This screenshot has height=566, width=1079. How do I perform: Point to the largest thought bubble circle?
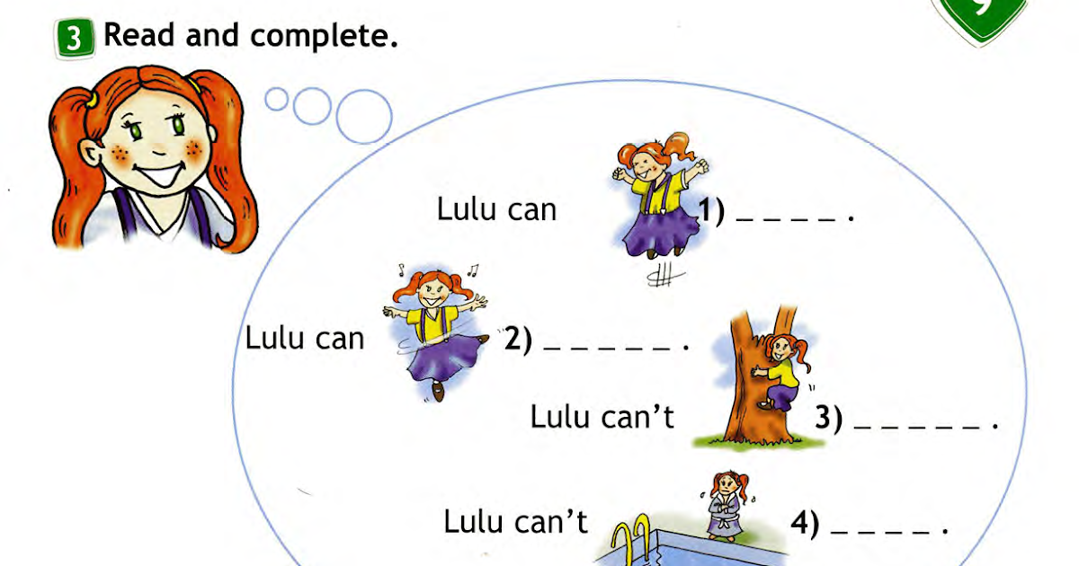point(363,117)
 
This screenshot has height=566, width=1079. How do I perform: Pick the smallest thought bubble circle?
point(277,99)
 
